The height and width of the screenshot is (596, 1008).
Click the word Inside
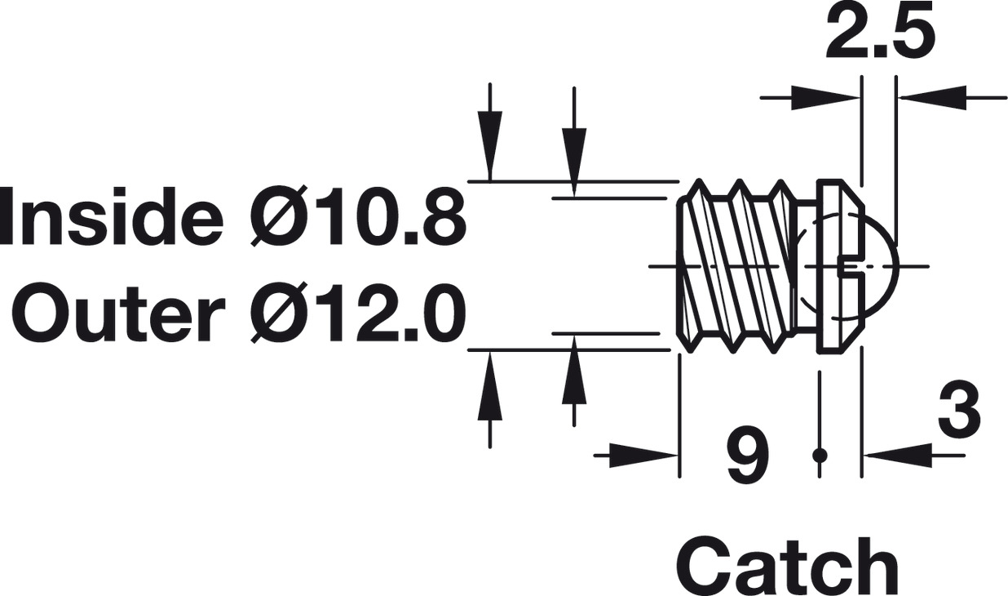pos(112,216)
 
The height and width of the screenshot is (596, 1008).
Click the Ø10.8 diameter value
pos(358,216)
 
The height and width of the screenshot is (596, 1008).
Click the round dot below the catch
pos(820,456)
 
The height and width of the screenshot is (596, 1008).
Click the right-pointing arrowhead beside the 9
pos(644,456)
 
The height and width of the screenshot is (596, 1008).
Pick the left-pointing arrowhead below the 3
pos(898,456)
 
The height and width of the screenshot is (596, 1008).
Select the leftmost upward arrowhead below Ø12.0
pos(490,385)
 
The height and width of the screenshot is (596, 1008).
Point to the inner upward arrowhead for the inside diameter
pos(574,369)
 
